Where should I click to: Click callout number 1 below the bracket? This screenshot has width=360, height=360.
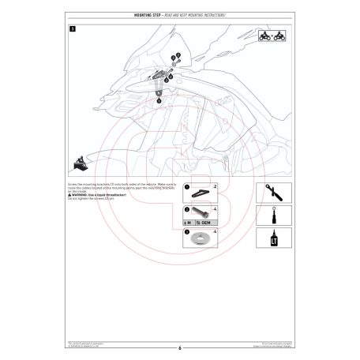[x=159, y=101]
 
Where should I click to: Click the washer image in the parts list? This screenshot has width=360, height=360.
[x=198, y=238]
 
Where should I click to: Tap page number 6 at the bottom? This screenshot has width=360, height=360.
[x=180, y=347]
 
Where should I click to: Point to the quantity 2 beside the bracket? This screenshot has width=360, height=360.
[x=215, y=186]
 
